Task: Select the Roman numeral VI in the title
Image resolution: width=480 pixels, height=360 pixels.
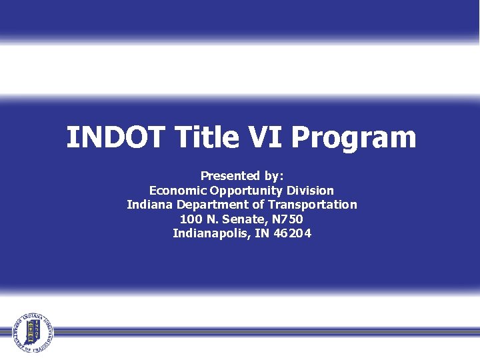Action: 267,137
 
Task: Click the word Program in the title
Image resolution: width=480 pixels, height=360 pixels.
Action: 354,139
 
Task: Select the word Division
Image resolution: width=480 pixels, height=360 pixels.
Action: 310,191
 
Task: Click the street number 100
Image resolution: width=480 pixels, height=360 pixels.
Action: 191,219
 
